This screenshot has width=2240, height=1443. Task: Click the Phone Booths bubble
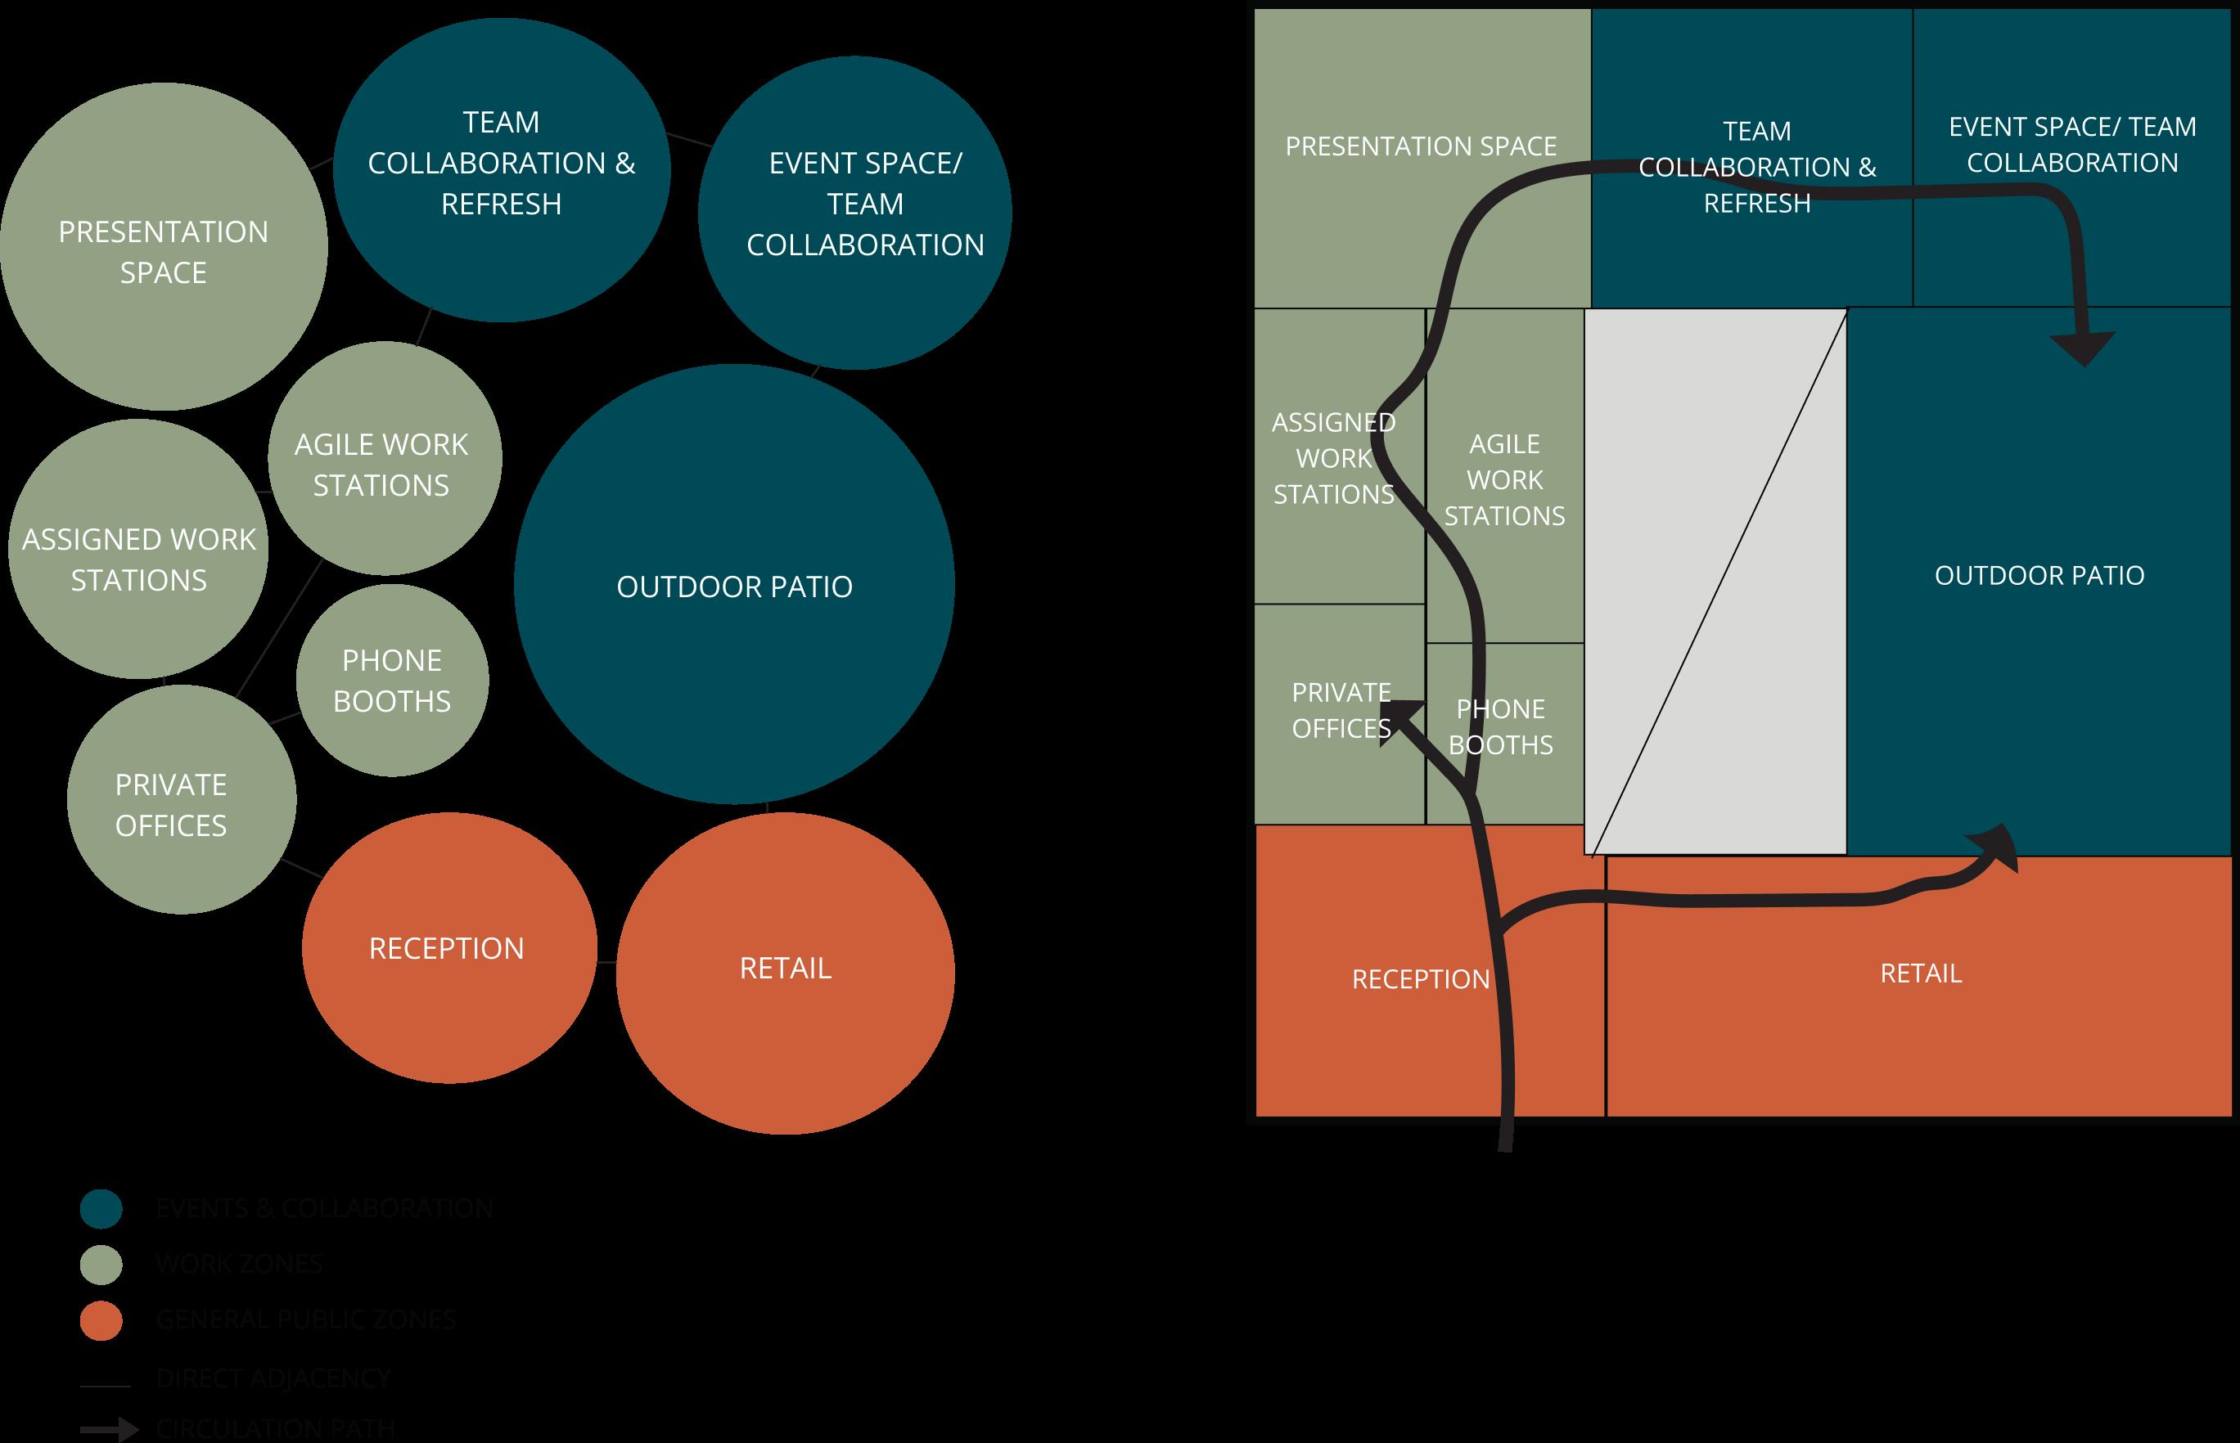click(392, 681)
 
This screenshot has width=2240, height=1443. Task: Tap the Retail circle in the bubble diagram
click(785, 972)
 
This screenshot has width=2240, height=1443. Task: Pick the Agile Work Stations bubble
click(385, 459)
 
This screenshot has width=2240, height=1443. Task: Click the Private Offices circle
click(181, 799)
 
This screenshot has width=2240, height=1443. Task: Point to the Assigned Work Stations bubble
click(138, 550)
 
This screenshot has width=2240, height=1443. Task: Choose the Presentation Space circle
click(164, 247)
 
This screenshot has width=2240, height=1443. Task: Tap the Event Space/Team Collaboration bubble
click(854, 212)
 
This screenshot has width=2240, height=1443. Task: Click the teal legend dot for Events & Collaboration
click(101, 1209)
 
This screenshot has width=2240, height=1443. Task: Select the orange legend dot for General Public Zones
click(101, 1320)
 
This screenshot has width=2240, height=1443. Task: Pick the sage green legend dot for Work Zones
click(101, 1264)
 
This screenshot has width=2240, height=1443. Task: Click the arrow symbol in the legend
click(110, 1429)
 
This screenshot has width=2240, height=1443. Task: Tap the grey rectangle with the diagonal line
click(1715, 582)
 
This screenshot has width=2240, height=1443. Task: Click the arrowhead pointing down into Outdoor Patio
click(2083, 348)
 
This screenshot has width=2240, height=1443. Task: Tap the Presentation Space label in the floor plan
click(1420, 146)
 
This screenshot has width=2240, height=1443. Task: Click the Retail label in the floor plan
click(1920, 973)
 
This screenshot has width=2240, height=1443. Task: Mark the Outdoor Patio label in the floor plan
click(2039, 575)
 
